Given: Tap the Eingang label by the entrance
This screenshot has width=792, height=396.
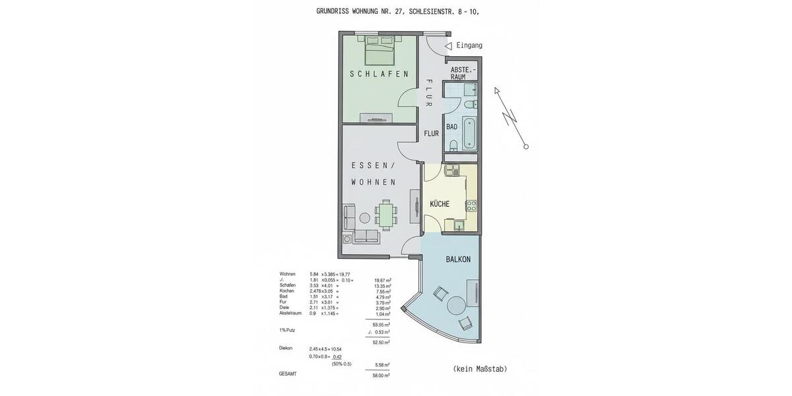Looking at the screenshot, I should point(469,46).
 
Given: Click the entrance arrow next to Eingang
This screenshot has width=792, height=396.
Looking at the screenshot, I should point(448,46).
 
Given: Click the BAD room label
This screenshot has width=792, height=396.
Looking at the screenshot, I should point(451,127).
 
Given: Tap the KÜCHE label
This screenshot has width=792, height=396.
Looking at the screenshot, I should point(440,204).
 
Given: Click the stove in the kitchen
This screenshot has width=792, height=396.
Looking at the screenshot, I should point(471,205).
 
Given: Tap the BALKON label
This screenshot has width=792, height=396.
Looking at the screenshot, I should point(458,259).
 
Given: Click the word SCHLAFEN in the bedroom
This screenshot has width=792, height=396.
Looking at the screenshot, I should point(379,74).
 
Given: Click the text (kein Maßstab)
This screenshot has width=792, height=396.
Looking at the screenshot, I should point(480,369).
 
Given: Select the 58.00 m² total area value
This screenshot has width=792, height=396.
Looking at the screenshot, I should point(381,375).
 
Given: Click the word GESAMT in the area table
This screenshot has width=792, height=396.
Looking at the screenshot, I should point(288,374).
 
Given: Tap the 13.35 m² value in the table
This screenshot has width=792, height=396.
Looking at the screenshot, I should point(382,285).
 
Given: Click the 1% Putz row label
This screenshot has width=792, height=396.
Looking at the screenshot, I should point(286,329).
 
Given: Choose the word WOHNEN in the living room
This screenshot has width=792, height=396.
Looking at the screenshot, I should point(374,182).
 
